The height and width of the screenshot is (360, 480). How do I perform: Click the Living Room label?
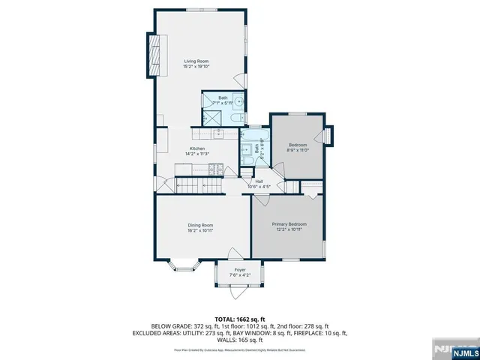[197, 61]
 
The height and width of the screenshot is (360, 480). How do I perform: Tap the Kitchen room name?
[197, 148]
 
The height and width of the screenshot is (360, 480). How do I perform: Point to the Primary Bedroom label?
[289, 224]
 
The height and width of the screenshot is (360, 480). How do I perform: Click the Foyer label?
[240, 269]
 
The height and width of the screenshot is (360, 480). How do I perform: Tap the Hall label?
[259, 181]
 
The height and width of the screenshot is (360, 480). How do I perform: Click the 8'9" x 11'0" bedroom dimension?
[298, 151]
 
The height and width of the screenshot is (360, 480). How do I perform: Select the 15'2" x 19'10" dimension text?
[197, 67]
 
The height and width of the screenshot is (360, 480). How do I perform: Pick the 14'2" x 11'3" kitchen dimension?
[197, 154]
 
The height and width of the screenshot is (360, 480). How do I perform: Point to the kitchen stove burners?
[218, 134]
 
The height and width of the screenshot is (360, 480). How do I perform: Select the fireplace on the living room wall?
[155, 55]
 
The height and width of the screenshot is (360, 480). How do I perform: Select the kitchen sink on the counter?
[199, 134]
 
